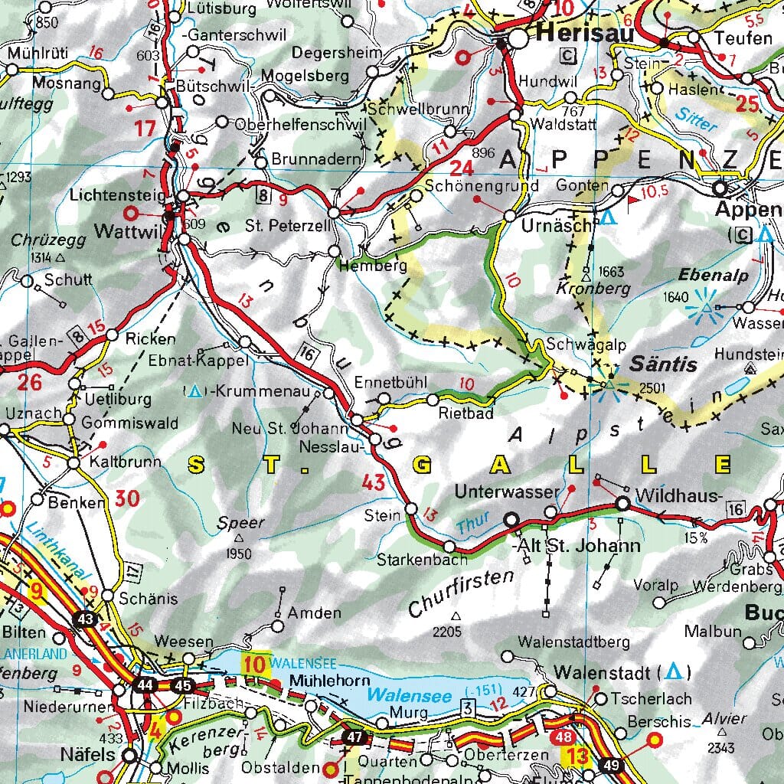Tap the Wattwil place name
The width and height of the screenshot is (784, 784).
click(125, 230)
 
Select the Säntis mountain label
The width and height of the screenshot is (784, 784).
click(662, 364)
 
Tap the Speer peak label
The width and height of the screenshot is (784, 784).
click(240, 524)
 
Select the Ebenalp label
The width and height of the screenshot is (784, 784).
click(714, 276)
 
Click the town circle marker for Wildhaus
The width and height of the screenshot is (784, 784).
click(622, 503)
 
